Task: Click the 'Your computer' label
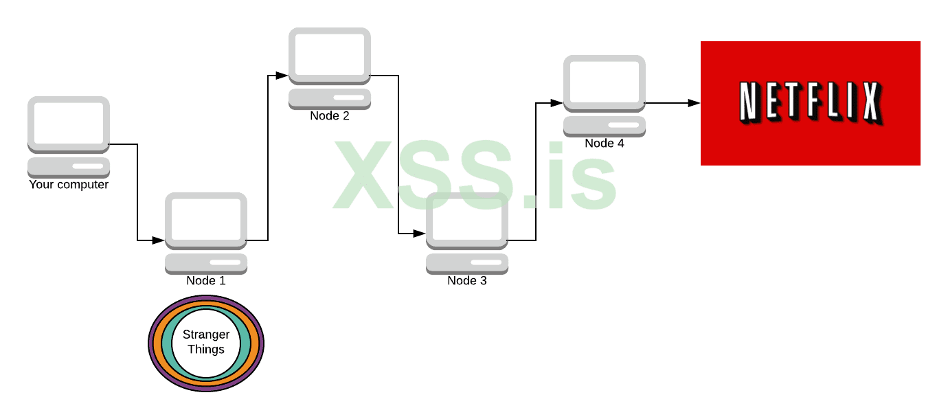tap(69, 185)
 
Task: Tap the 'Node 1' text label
tap(206, 281)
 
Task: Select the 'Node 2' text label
tap(330, 116)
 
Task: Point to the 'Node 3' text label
tap(467, 281)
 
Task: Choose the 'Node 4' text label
tap(605, 144)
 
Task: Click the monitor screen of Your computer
tap(69, 124)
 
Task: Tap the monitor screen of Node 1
tap(206, 220)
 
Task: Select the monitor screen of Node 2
tap(330, 55)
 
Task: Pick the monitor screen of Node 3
tap(467, 220)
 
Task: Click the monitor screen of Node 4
tap(605, 82)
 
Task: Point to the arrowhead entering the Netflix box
tap(694, 103)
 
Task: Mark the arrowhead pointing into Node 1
tap(158, 240)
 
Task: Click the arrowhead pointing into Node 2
tap(282, 76)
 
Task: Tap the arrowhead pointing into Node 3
tap(419, 234)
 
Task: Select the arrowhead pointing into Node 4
tap(556, 103)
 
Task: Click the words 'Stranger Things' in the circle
tap(206, 342)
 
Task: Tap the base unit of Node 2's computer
tap(330, 99)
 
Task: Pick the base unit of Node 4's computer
tap(605, 126)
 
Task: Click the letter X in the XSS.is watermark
tap(363, 174)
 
